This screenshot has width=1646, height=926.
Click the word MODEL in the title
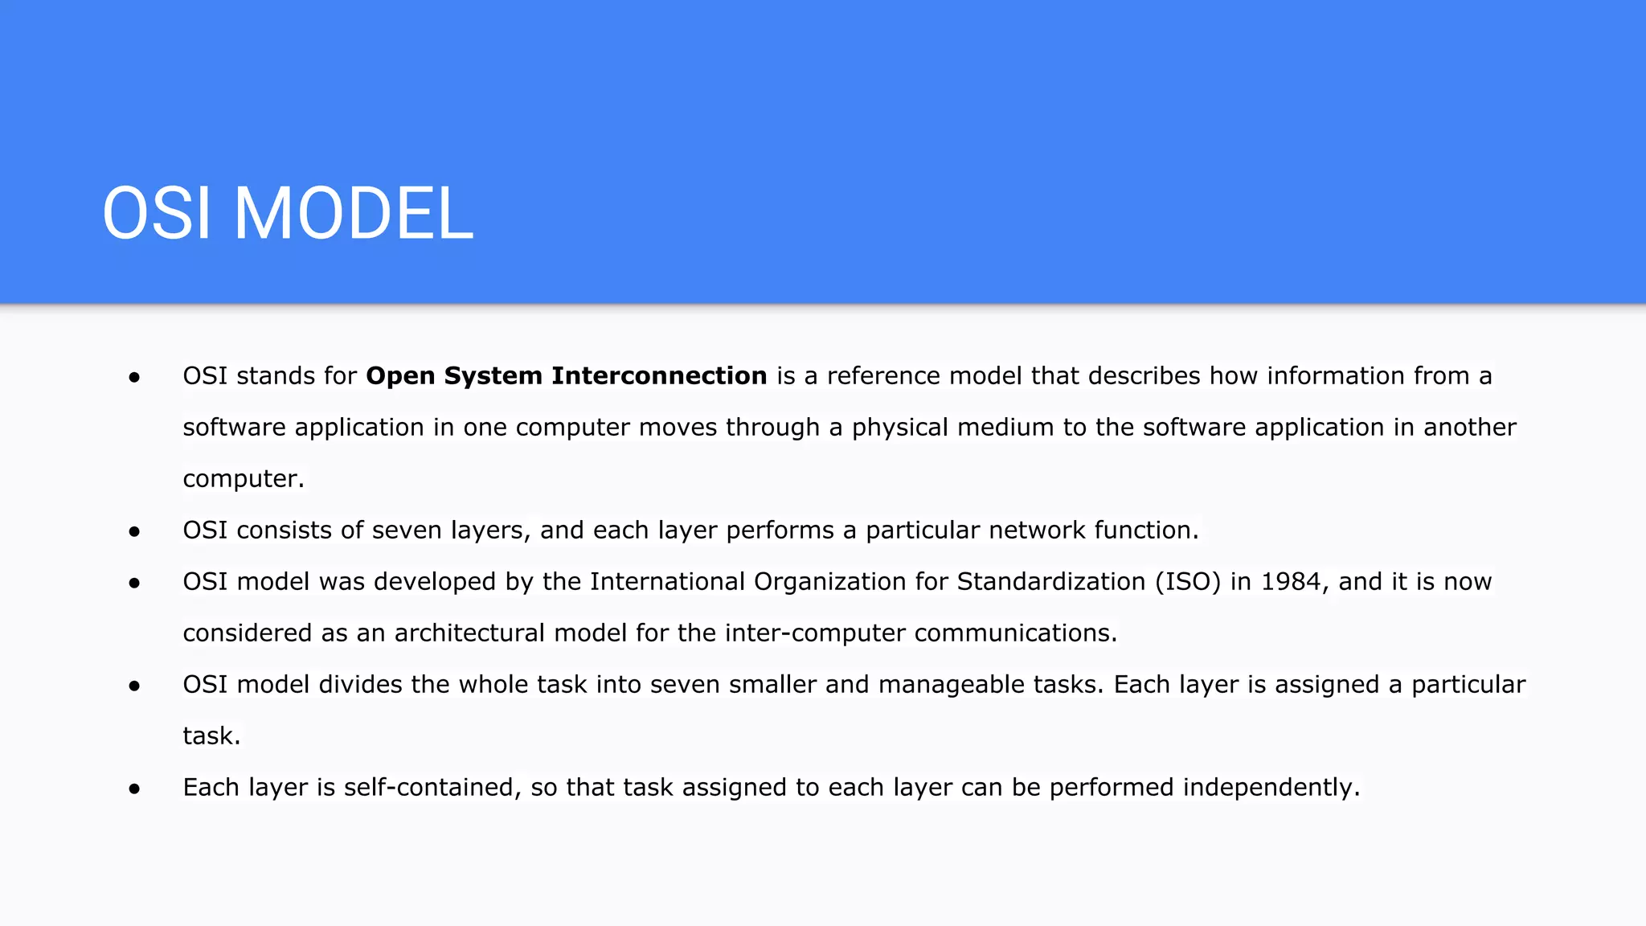pyautogui.click(x=353, y=214)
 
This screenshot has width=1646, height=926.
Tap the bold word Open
pyautogui.click(x=400, y=376)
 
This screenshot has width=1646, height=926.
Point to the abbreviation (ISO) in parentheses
pyautogui.click(x=1188, y=581)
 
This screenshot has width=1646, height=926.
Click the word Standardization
pyautogui.click(x=1050, y=581)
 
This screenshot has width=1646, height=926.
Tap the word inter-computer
pyautogui.click(x=815, y=633)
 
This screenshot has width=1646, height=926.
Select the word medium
pyautogui.click(x=1005, y=427)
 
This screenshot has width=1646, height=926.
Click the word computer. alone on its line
pyautogui.click(x=244, y=479)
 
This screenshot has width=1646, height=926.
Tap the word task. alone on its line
pyautogui.click(x=211, y=735)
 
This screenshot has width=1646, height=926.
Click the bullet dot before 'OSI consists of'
pyautogui.click(x=134, y=531)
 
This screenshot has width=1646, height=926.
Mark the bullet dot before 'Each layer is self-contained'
pyautogui.click(x=134, y=789)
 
